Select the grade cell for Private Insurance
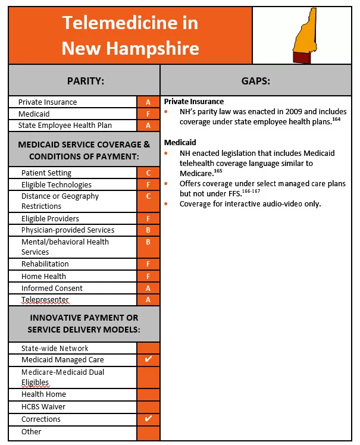pyautogui.click(x=148, y=102)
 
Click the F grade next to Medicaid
pyautogui.click(x=148, y=114)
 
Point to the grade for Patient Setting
pyautogui.click(x=148, y=173)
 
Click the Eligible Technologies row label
pyautogui.click(x=57, y=184)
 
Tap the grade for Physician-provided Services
pyautogui.click(x=148, y=230)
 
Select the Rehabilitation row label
pyautogui.click(x=45, y=264)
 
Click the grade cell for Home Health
pyautogui.click(x=148, y=276)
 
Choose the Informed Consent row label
pyautogui.click(x=52, y=288)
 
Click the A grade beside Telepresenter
pyautogui.click(x=148, y=300)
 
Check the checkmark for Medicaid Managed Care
pyautogui.click(x=148, y=359)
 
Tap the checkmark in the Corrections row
pyautogui.click(x=148, y=419)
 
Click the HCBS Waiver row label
pyautogui.click(x=43, y=407)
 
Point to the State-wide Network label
pyautogui.click(x=55, y=348)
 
